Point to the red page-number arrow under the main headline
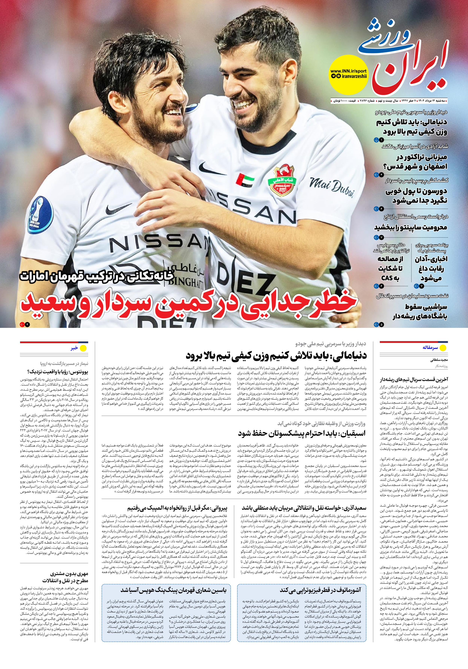[x=22, y=324]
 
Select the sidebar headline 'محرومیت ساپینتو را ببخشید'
[x=411, y=227]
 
